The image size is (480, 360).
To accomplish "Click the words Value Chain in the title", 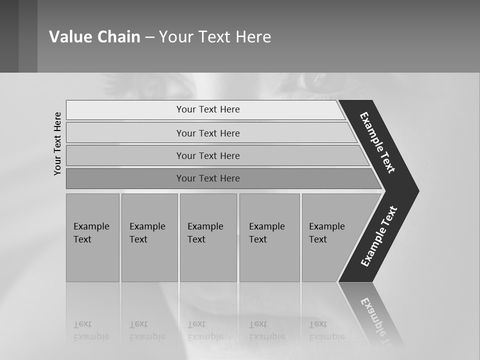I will [x=94, y=37].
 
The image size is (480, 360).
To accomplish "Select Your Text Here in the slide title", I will [x=215, y=37].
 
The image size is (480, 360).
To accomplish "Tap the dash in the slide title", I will [x=149, y=37].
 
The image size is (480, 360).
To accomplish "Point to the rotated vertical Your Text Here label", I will [x=57, y=143].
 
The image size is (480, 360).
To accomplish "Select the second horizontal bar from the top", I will [x=207, y=133].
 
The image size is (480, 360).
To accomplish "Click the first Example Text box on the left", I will [x=92, y=237].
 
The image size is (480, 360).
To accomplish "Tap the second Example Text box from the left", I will [x=149, y=237].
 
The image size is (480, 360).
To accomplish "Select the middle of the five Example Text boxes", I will [x=208, y=237].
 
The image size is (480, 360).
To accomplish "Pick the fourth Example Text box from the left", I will [x=269, y=237].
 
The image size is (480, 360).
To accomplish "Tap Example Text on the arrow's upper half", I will [x=378, y=142].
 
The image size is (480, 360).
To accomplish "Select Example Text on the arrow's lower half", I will [x=379, y=236].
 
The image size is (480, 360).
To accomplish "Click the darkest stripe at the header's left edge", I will [x=9, y=36].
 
